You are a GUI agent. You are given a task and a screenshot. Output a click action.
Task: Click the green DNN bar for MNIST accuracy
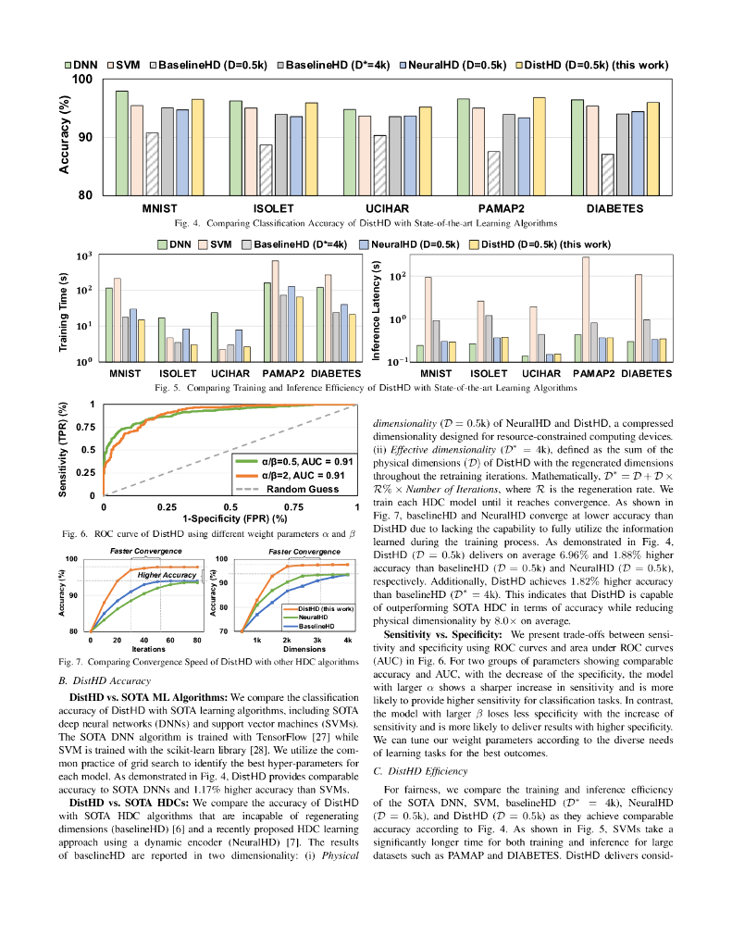tap(122, 143)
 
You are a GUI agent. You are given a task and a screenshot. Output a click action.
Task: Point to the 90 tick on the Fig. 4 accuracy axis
tap(83, 138)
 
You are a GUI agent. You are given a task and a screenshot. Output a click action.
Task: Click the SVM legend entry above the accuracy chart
tap(128, 66)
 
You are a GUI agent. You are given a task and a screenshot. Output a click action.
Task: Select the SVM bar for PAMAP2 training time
tap(275, 311)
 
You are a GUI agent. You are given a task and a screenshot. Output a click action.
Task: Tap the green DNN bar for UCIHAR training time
tap(214, 337)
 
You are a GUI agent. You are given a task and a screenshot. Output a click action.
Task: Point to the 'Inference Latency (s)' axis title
tap(376, 311)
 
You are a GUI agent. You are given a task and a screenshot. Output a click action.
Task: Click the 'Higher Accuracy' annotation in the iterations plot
tap(167, 575)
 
